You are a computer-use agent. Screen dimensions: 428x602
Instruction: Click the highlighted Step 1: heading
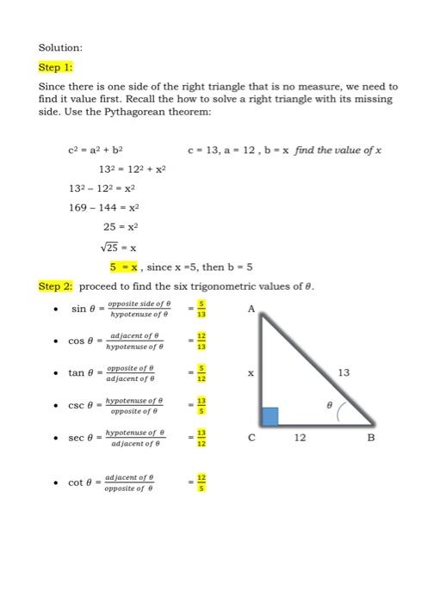point(56,66)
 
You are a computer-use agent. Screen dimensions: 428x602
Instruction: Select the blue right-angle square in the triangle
point(270,416)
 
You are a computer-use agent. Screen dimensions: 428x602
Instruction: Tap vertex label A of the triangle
point(251,308)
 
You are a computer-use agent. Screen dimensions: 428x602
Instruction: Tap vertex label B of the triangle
point(372,438)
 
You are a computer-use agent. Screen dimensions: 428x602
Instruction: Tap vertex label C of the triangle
point(251,438)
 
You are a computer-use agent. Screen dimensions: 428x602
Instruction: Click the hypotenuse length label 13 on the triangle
point(344,372)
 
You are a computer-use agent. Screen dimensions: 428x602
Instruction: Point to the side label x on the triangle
point(251,374)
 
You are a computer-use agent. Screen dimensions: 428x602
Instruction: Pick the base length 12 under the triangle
point(301,438)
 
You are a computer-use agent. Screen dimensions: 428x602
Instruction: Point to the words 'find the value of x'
point(338,150)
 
